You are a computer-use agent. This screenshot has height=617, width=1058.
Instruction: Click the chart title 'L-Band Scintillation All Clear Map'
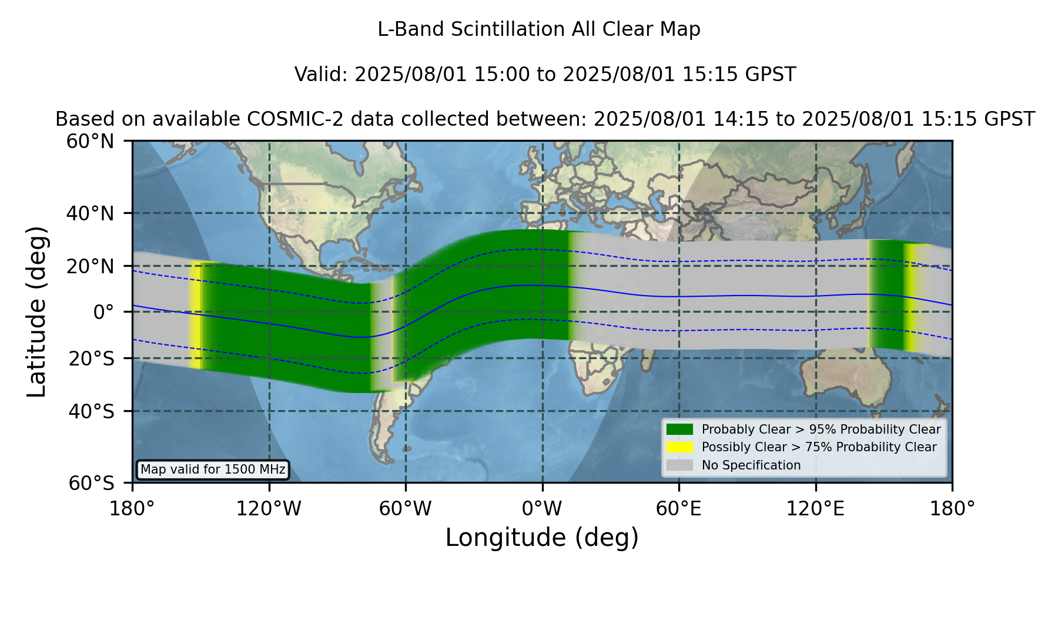click(538, 29)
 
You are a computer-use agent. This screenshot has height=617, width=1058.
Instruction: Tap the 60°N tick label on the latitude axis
click(90, 142)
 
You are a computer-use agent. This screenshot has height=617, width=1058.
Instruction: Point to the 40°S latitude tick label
click(91, 411)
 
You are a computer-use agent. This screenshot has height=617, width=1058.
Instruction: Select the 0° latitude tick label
click(103, 312)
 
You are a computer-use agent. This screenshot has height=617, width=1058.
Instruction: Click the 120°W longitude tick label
click(269, 508)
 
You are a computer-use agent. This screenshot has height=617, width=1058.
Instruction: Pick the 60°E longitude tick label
click(679, 508)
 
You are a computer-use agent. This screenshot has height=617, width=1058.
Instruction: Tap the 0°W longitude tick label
click(542, 508)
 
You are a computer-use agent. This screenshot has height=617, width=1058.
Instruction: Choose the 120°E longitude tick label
click(815, 508)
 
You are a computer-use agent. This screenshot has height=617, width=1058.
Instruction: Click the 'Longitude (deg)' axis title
click(542, 538)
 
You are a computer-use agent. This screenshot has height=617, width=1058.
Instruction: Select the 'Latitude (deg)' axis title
click(37, 311)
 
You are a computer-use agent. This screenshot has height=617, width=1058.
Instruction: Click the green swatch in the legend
click(679, 430)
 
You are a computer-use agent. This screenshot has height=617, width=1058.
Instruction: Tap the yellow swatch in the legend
click(679, 447)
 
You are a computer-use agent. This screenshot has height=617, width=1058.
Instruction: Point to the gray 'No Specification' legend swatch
click(679, 465)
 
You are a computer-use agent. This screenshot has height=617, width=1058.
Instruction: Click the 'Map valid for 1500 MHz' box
click(213, 470)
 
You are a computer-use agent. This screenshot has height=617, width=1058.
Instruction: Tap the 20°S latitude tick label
click(91, 358)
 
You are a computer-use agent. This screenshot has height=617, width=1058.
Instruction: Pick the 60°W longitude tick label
click(406, 508)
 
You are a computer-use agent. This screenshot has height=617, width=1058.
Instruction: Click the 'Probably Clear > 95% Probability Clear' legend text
click(821, 430)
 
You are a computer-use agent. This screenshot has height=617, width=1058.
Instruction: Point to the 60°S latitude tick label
click(91, 483)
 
